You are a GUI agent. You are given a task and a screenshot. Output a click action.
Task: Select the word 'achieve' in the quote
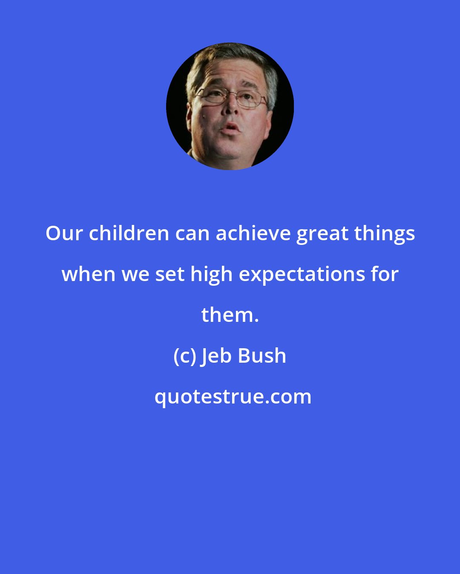[x=253, y=233]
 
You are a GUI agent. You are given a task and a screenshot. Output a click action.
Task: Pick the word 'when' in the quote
[x=88, y=274]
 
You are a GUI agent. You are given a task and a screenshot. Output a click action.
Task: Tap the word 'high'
[x=211, y=275]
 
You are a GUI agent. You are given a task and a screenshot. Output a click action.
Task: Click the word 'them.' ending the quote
[x=230, y=315]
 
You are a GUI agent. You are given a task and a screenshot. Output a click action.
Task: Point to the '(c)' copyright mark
[x=184, y=356]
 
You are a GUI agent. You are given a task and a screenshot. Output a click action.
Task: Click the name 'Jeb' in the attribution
[x=216, y=356]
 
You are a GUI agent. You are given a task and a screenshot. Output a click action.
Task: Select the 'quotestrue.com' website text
[x=233, y=397]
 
